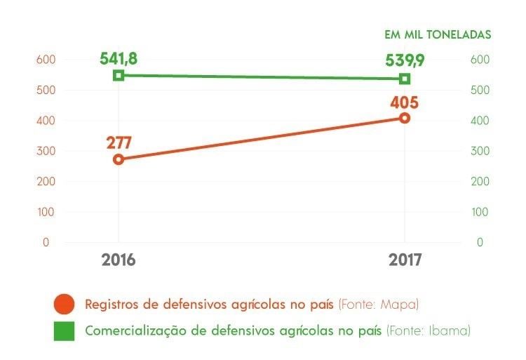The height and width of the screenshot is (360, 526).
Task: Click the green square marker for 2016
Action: (119, 75)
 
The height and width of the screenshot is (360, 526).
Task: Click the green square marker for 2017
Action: (405, 79)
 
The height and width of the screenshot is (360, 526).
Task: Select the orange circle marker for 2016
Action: (119, 159)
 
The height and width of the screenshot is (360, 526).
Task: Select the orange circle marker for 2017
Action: (405, 118)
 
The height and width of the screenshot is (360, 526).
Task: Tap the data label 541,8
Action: (119, 58)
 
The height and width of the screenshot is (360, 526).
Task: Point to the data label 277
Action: (119, 142)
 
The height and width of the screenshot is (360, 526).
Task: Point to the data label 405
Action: (405, 102)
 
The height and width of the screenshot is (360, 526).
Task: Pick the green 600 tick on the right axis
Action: (478, 60)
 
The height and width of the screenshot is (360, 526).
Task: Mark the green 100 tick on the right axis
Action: (478, 212)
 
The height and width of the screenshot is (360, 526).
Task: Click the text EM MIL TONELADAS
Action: (438, 34)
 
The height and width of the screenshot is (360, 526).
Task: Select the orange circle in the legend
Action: (64, 305)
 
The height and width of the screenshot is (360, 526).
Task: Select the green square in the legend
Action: (64, 331)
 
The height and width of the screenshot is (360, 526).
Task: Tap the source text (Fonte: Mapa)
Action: (379, 305)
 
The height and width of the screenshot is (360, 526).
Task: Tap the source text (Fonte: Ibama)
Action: (428, 330)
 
